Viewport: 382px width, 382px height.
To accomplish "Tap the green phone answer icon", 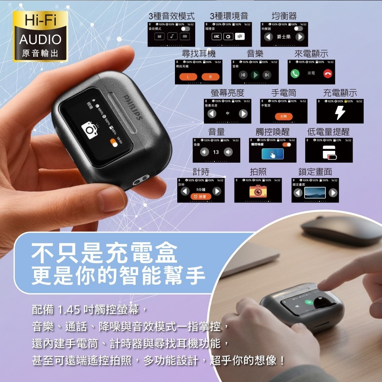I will (295, 73).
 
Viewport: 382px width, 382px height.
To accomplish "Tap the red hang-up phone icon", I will (327, 73).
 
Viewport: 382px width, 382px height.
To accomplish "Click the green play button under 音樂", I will (255, 75).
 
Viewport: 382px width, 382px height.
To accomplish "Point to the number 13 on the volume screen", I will (216, 152).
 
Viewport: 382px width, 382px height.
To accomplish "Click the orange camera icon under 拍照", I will (258, 191).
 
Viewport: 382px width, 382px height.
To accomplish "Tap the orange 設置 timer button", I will (200, 197).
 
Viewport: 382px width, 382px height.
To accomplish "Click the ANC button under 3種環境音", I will (217, 37).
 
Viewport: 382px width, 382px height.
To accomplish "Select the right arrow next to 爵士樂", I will (300, 37).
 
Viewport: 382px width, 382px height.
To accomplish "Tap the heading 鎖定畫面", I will (315, 172).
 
